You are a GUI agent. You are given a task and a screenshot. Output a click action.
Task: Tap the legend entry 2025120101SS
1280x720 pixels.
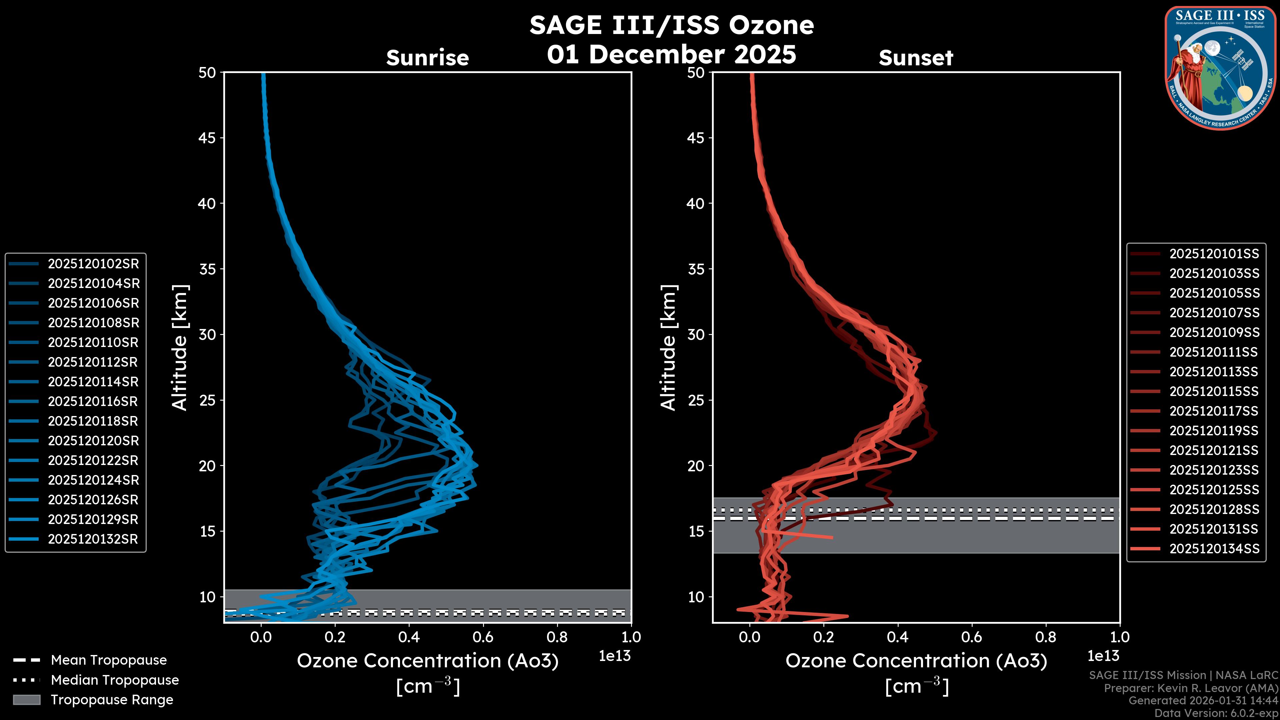[x=1214, y=254]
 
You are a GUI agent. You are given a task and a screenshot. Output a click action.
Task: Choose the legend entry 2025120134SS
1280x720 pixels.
[x=1214, y=549]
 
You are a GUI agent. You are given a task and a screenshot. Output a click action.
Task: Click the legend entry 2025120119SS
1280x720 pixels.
[x=1214, y=431]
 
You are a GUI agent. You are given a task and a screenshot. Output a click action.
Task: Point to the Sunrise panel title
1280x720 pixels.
[x=427, y=58]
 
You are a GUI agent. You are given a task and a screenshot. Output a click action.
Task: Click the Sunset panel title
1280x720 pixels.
[x=916, y=58]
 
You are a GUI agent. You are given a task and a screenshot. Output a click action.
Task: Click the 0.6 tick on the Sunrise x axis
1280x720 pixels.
[x=483, y=637]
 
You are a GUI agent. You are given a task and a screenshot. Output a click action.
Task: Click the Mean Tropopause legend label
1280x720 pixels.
[x=109, y=660]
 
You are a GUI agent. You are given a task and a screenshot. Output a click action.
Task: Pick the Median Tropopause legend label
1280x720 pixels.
[x=115, y=680]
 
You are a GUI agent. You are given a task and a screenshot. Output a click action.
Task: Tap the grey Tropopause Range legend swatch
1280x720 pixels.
[x=26, y=700]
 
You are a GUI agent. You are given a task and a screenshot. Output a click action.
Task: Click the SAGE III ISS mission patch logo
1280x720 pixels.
[x=1220, y=68]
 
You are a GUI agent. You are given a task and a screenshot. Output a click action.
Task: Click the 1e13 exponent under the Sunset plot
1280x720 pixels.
[x=1103, y=656]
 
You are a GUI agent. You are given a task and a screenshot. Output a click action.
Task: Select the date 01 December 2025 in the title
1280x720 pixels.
[x=671, y=55]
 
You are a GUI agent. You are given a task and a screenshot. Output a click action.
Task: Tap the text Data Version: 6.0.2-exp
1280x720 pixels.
[x=1216, y=714]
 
